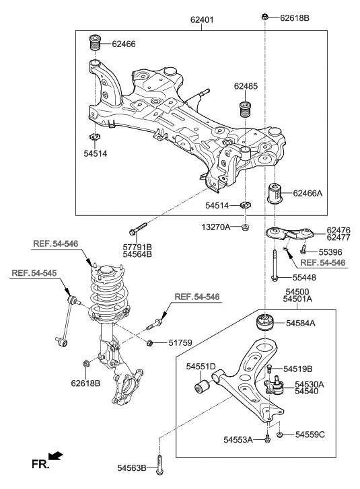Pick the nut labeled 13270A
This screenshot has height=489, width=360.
[246, 227]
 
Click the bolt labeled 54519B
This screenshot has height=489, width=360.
[268, 369]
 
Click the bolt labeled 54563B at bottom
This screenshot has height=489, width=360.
[159, 466]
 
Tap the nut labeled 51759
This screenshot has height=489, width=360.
[151, 344]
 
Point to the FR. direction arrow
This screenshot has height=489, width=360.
[57, 457]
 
